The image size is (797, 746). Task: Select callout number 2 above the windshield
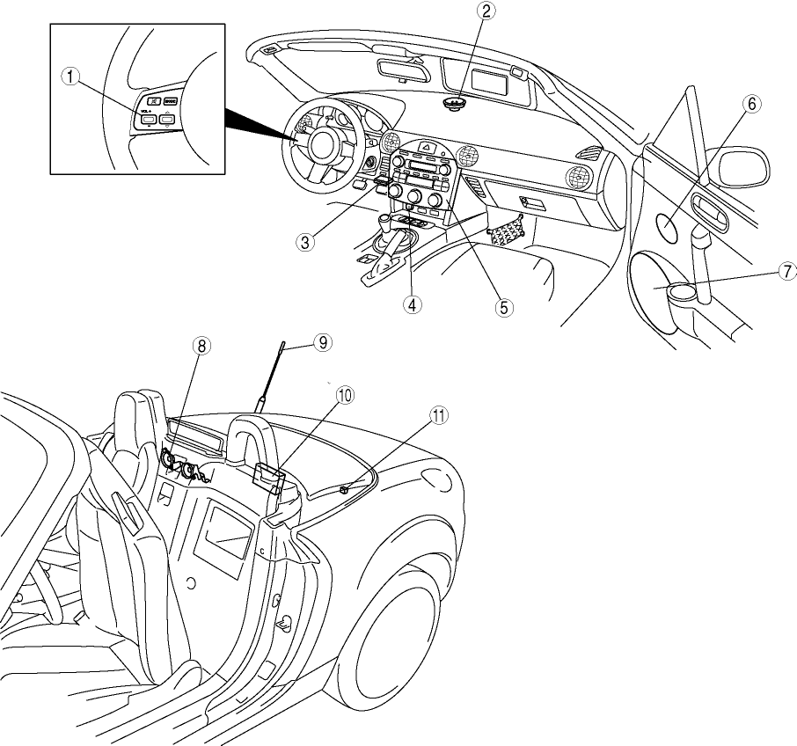pos(486,11)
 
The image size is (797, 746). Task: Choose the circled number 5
pos(502,307)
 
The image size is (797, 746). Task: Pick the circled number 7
pos(786,272)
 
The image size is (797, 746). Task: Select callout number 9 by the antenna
pos(323,342)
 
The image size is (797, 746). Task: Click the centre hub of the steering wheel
pos(319,144)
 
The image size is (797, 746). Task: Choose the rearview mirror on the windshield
pos(400,69)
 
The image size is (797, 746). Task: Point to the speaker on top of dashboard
pos(456,105)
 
